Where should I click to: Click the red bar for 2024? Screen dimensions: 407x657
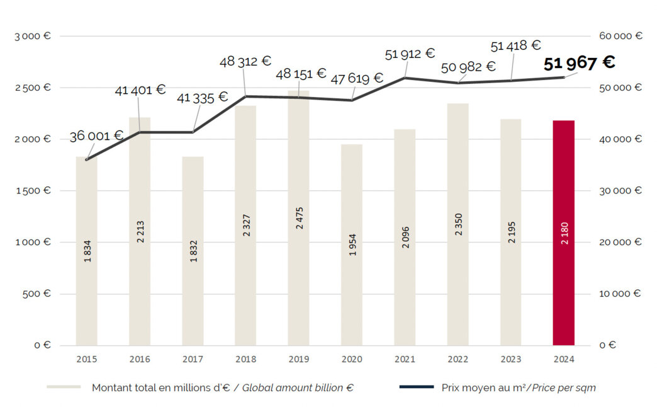point(563,233)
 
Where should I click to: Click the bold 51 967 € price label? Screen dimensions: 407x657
point(579,63)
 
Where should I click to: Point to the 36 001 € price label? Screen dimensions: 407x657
point(96,136)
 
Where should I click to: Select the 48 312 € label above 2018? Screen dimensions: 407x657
point(245,62)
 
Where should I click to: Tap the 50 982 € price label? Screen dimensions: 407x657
point(468,67)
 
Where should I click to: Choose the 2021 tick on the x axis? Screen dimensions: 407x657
point(405,359)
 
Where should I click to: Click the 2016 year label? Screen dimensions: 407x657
point(140,359)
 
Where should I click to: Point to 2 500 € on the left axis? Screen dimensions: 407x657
point(33,88)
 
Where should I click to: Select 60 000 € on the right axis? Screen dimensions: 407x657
point(620,36)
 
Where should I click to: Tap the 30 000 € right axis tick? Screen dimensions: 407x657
point(620,190)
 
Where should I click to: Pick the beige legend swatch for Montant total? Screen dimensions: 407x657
point(64,387)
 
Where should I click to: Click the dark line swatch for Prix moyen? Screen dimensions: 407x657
point(416,387)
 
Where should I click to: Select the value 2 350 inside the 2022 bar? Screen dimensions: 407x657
point(458,226)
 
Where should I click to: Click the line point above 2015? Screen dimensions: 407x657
point(87,159)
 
